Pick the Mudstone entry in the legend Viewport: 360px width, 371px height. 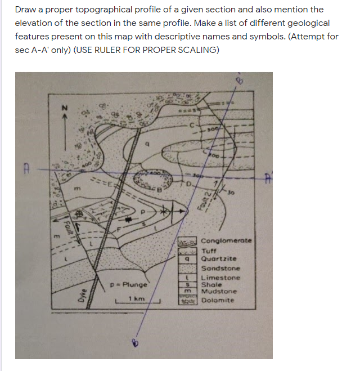pos(218,292)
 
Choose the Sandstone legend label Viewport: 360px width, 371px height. pos(220,269)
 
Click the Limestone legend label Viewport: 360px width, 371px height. pos(220,278)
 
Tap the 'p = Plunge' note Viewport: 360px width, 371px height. pos(129,284)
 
